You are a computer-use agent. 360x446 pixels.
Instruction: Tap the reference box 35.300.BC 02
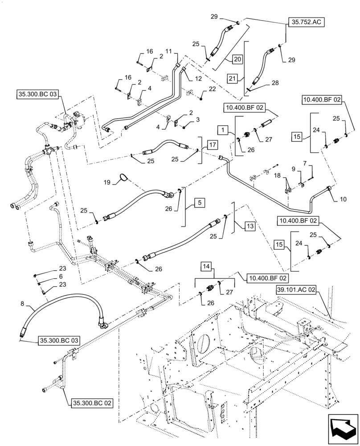click(91, 403)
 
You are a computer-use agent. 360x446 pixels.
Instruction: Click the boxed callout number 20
click(237, 58)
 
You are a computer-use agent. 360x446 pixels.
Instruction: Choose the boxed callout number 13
click(250, 227)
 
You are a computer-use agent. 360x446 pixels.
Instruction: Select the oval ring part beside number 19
click(124, 178)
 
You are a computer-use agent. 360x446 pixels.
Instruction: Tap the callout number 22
click(212, 89)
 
